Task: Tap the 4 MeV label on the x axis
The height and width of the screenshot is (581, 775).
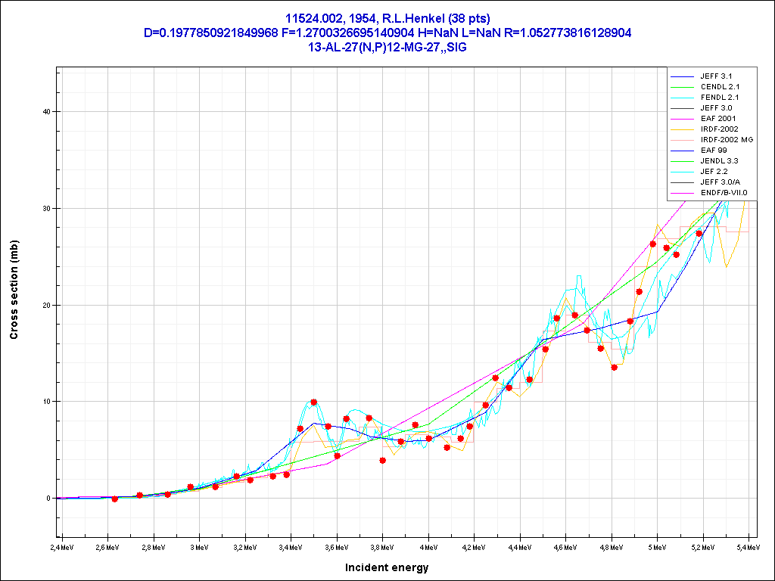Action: click(x=428, y=546)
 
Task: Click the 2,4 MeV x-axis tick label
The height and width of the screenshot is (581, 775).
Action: click(x=63, y=546)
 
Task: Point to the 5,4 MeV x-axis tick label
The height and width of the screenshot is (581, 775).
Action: click(x=748, y=546)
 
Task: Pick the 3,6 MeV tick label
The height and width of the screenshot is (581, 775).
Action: click(x=337, y=546)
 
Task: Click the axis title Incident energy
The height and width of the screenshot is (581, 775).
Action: click(x=387, y=567)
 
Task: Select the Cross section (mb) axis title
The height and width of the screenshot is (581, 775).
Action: click(x=14, y=290)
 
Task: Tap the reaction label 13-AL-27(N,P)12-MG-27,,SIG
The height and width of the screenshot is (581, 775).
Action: click(x=387, y=46)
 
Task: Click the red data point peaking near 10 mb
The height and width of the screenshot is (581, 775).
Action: click(x=314, y=402)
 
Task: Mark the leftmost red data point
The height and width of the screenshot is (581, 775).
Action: click(x=115, y=499)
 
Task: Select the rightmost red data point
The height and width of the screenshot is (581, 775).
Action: click(x=699, y=234)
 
